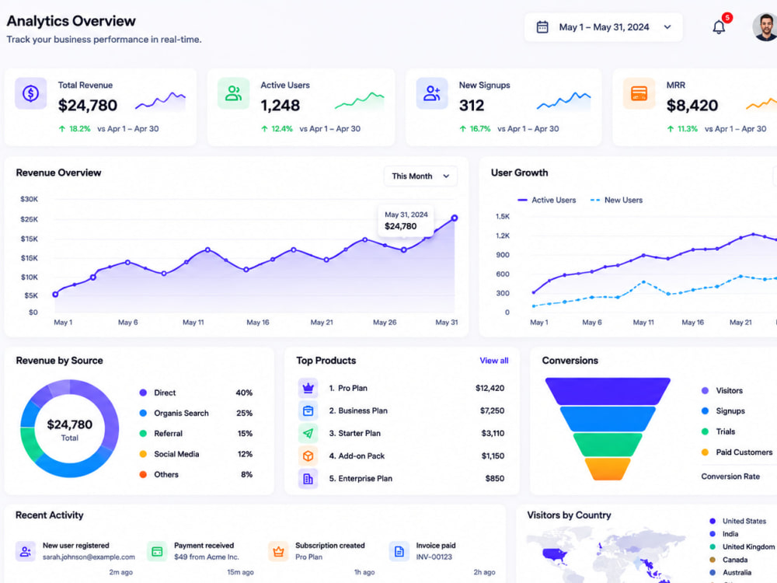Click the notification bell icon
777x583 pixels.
point(719,26)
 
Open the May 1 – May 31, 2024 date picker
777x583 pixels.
point(603,27)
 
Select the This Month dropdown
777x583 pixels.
point(420,176)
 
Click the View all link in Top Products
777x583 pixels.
point(493,361)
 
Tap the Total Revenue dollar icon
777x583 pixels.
point(31,93)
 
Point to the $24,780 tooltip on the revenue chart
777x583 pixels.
point(406,221)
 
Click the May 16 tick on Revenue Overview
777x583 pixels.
point(258,323)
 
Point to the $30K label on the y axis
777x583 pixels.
point(30,199)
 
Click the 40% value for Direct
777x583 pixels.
point(244,393)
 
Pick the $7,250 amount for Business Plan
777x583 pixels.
point(492,410)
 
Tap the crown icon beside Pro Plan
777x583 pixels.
point(308,388)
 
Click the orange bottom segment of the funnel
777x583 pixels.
point(607,469)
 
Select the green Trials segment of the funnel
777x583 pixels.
point(607,444)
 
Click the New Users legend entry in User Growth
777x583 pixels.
point(616,201)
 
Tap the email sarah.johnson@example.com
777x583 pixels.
point(89,557)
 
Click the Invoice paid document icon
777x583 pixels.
point(399,551)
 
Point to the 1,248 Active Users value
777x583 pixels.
point(280,105)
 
